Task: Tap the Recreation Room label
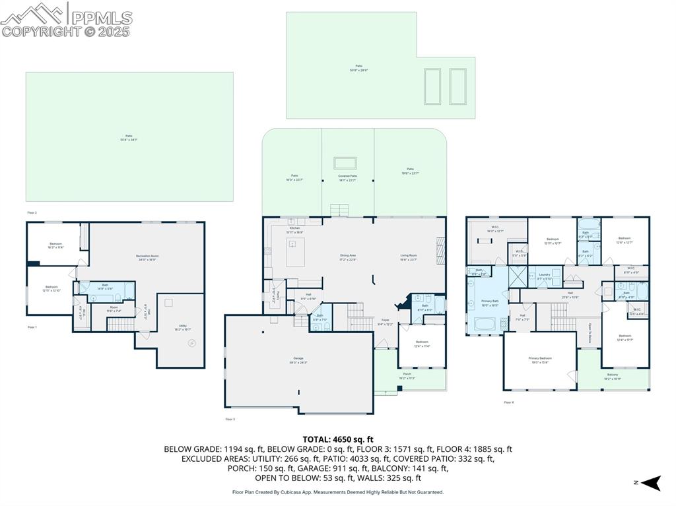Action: point(147,257)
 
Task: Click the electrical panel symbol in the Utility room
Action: point(192,342)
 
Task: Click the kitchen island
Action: point(295,253)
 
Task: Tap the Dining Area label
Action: point(348,257)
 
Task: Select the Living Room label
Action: point(409,257)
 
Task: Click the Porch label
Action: point(407,376)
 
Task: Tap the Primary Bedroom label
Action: point(539,360)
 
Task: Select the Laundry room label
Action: point(544,276)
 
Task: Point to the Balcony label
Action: point(612,377)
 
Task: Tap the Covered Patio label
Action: point(348,177)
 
